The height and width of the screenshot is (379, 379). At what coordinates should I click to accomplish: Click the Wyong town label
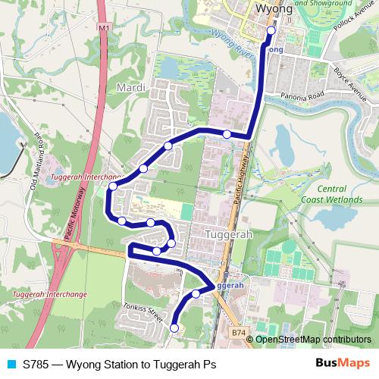pos(274,9)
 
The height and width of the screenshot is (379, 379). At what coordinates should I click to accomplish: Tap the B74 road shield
pos(239,332)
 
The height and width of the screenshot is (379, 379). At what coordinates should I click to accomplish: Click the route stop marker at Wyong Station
pos(271,30)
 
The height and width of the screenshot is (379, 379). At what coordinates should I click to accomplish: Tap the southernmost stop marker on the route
pos(174,327)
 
